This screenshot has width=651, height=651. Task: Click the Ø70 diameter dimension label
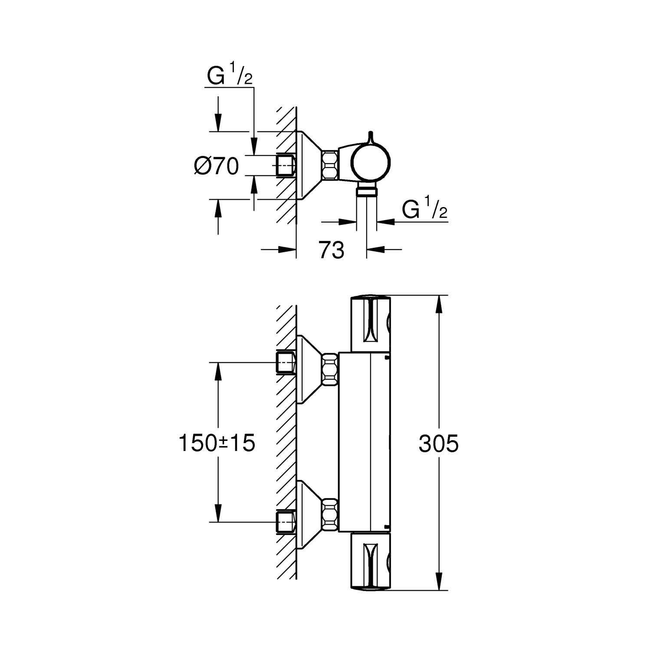tap(217, 166)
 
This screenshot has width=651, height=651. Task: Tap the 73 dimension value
tap(332, 250)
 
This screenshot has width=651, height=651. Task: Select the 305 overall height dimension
tap(439, 444)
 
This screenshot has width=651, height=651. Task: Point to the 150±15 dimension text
tap(217, 444)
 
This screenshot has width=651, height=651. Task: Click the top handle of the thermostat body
tap(370, 324)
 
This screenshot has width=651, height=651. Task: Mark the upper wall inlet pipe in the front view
tap(286, 363)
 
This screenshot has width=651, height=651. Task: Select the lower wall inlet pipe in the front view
tap(286, 522)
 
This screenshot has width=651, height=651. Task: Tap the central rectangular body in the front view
tap(365, 442)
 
